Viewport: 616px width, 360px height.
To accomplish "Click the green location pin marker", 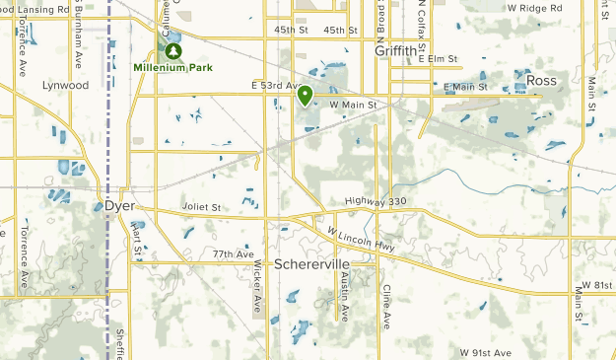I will (305, 96).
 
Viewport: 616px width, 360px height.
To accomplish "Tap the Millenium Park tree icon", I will (174, 50).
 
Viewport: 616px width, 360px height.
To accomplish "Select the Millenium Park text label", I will (173, 67).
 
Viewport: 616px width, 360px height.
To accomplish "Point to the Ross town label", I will (541, 80).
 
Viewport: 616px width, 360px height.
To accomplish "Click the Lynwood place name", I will (65, 86).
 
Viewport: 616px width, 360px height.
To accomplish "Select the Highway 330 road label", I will (376, 201).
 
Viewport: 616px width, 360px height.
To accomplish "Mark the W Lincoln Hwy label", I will (363, 239).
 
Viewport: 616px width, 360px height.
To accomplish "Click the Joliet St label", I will (202, 207).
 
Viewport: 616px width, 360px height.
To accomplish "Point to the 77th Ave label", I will (233, 254).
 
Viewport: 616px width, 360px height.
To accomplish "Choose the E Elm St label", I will (440, 59).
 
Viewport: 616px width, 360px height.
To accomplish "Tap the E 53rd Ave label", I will (275, 86).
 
